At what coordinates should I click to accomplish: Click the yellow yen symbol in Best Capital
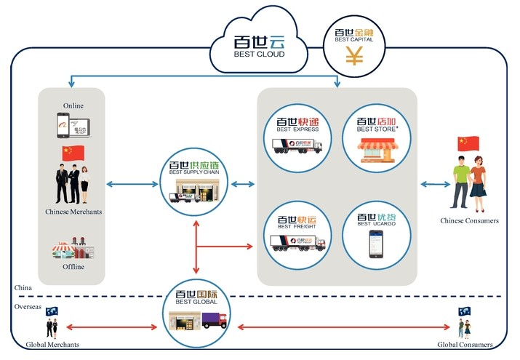click(354, 56)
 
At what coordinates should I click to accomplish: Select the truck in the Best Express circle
click(297, 145)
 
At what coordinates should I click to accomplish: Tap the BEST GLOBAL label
click(196, 302)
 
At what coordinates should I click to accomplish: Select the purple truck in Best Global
click(214, 319)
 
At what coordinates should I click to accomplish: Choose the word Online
click(73, 105)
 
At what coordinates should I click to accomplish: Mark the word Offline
click(73, 267)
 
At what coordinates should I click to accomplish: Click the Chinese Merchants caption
click(73, 212)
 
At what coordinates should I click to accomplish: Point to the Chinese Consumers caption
click(469, 220)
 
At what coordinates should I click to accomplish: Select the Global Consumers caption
click(465, 344)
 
